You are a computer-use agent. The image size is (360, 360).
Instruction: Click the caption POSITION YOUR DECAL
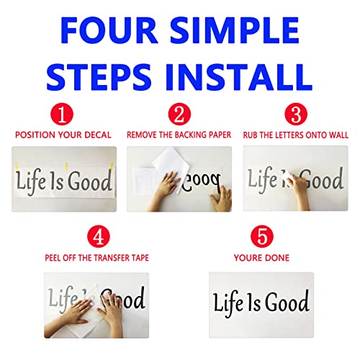[63, 134]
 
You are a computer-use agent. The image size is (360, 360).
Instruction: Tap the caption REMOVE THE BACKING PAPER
[179, 134]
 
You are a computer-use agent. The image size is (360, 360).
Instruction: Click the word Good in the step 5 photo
[285, 302]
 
